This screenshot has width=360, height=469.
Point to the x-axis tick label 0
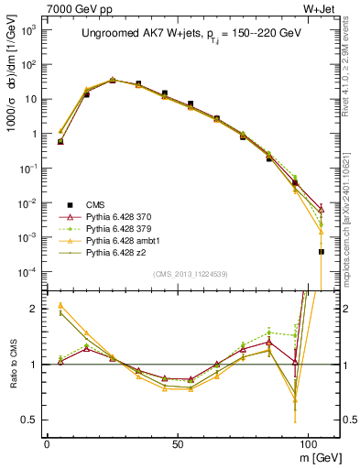[x=47, y=442]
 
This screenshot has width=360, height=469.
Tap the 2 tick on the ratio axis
[x=33, y=309]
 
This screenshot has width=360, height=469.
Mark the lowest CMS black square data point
[x=322, y=251]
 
